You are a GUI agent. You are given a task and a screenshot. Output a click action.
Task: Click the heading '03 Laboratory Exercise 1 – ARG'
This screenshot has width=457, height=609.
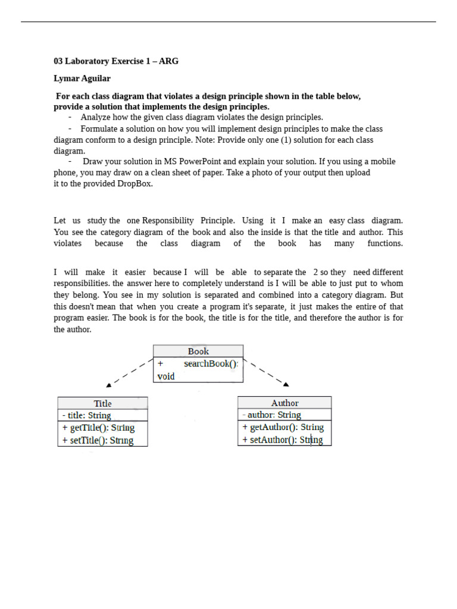[x=116, y=61]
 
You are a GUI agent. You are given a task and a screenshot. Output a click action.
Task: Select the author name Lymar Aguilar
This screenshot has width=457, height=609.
[x=82, y=79]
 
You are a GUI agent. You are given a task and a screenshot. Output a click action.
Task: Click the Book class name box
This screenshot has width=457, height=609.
[x=198, y=351]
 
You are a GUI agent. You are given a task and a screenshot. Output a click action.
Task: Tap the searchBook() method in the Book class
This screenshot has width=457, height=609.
[x=211, y=364]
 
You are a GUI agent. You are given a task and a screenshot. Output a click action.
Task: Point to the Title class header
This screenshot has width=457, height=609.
[x=102, y=403]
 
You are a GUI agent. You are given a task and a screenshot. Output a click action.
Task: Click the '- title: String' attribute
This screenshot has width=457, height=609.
[x=87, y=416]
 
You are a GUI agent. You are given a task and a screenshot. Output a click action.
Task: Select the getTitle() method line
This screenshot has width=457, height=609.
[x=98, y=428]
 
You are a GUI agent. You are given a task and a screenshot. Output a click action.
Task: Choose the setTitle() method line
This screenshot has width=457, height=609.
[x=98, y=441]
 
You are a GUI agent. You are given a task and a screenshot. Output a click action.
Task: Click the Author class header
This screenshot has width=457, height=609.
[x=284, y=403]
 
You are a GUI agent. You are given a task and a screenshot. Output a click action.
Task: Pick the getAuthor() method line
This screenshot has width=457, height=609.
[x=283, y=428]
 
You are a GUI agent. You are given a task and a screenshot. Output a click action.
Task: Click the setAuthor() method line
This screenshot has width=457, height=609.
[x=283, y=440]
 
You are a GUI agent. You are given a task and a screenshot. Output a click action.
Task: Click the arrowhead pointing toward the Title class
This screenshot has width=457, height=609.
[x=109, y=385]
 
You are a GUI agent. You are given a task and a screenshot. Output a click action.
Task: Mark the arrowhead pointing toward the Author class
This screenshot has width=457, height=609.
[x=286, y=384]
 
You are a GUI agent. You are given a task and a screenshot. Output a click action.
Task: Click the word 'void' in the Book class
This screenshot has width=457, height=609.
[x=166, y=376]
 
